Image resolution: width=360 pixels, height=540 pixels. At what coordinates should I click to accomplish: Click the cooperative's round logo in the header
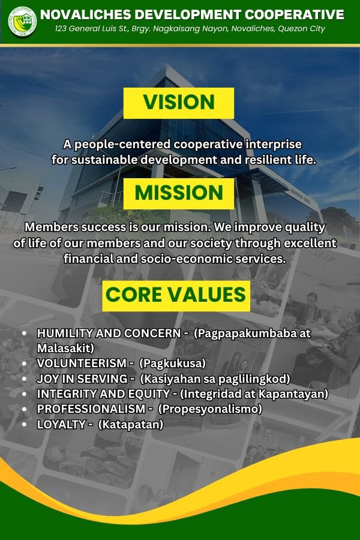click(22, 22)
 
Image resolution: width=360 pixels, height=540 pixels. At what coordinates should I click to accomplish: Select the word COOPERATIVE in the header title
click(294, 14)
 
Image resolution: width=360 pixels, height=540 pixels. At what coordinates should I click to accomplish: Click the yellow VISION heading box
click(179, 103)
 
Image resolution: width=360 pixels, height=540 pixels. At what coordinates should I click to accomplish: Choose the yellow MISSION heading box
click(179, 194)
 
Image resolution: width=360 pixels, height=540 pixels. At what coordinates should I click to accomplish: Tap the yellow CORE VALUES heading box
click(176, 296)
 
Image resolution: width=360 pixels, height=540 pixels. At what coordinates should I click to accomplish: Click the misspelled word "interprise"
click(273, 144)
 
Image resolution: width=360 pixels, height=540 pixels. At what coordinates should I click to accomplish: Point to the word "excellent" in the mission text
click(310, 243)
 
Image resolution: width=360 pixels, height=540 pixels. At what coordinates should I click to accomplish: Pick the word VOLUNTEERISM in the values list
click(82, 363)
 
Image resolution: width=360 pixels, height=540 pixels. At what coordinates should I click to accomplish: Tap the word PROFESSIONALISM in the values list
click(91, 409)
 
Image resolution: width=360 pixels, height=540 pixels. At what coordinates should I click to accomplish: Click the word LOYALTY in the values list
click(61, 424)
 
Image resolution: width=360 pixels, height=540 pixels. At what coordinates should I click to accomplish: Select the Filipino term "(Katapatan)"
click(131, 424)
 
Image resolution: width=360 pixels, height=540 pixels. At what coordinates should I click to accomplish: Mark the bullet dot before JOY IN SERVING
click(24, 379)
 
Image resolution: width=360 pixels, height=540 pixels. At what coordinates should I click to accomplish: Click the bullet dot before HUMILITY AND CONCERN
click(24, 334)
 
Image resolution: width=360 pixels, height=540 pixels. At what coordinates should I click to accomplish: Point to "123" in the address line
click(61, 28)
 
